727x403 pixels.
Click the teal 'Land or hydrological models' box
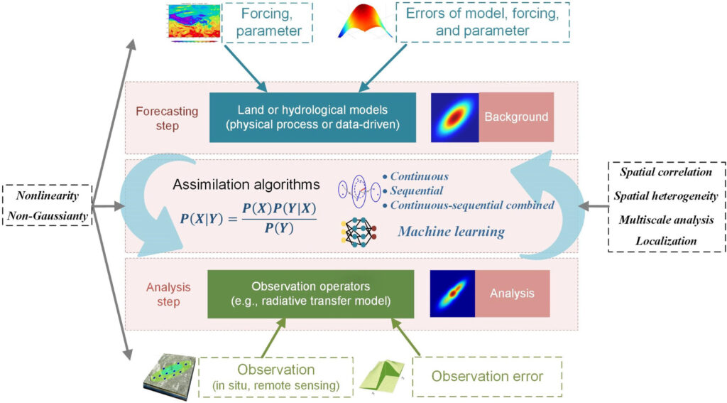click(x=312, y=117)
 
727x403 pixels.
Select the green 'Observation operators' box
click(x=311, y=294)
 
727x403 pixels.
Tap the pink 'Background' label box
click(x=516, y=117)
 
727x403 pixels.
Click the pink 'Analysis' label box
click(x=513, y=294)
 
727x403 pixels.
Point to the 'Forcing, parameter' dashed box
click(x=268, y=22)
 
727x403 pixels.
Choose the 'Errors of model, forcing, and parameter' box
click(x=483, y=22)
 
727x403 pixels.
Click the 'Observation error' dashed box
click(x=487, y=377)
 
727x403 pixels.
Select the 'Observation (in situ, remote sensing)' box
click(x=276, y=377)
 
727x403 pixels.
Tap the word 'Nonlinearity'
click(x=48, y=195)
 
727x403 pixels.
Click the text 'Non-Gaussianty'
click(x=48, y=216)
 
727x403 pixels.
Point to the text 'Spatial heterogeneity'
click(x=666, y=196)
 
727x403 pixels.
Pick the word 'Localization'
click(x=666, y=241)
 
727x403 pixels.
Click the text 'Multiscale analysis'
click(x=666, y=220)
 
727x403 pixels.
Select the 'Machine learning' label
click(x=451, y=231)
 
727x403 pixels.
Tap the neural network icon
click(x=359, y=231)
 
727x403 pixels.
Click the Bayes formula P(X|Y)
click(x=248, y=218)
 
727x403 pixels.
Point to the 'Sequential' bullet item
click(x=412, y=190)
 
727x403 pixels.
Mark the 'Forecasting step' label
click(x=167, y=119)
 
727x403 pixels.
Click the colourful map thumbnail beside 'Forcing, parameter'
click(x=194, y=22)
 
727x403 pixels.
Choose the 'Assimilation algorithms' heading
click(x=246, y=184)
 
